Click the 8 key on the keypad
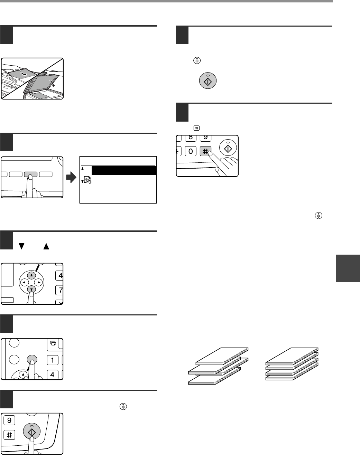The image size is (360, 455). (190, 138)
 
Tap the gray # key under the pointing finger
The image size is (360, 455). (205, 151)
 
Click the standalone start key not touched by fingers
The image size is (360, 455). (207, 81)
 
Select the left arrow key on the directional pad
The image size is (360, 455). (24, 282)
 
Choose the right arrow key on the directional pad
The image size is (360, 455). (39, 282)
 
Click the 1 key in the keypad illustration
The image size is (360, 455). (52, 360)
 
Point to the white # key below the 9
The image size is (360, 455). (9, 435)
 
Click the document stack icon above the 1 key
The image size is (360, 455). (53, 343)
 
